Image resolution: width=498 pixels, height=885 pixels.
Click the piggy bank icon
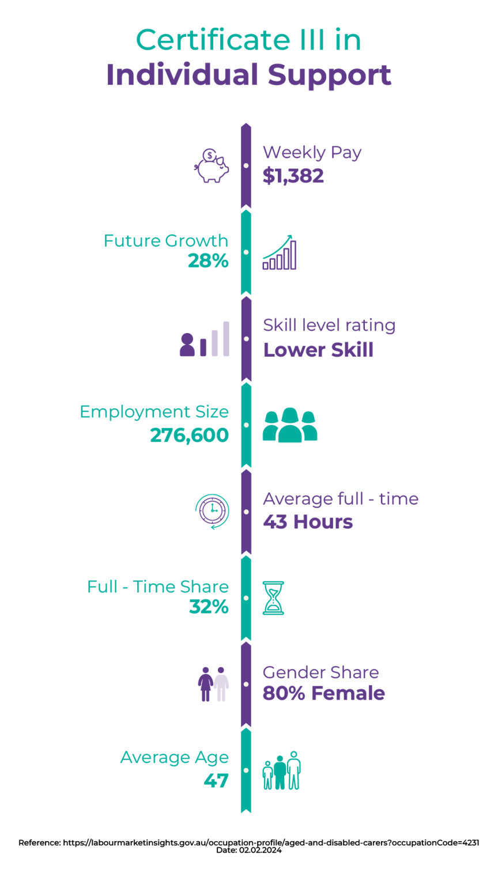(212, 166)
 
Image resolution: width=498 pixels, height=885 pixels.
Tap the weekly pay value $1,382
(293, 176)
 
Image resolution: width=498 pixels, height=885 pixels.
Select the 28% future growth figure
(208, 261)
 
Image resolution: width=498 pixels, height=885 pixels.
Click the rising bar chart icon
(280, 252)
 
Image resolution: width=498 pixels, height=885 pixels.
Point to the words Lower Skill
(318, 350)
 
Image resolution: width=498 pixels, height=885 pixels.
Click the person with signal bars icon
(205, 339)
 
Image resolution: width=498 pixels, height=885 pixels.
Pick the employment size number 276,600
(189, 436)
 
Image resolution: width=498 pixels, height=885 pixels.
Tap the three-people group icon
(290, 425)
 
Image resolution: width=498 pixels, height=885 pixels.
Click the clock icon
(212, 511)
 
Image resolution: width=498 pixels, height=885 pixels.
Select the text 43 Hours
(308, 522)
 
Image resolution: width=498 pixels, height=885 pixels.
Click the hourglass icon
(274, 597)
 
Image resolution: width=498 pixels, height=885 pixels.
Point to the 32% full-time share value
(209, 607)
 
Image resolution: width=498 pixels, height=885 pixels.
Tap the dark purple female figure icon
(206, 684)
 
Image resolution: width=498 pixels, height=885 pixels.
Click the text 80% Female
(324, 693)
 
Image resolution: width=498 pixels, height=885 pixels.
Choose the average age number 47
(216, 781)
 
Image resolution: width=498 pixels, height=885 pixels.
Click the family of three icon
(282, 770)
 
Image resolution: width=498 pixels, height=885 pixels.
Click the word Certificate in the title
(213, 40)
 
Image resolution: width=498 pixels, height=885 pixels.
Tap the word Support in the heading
(330, 75)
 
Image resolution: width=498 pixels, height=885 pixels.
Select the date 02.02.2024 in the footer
(260, 850)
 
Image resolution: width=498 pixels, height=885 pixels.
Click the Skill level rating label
(329, 326)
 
